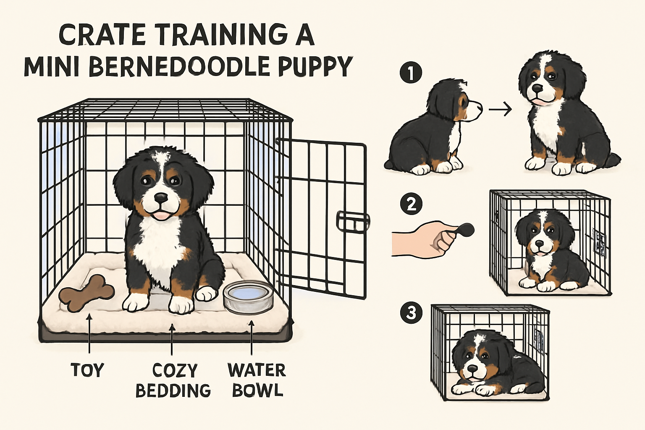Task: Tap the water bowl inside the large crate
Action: (249, 297)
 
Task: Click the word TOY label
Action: (87, 370)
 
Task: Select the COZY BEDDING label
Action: (173, 380)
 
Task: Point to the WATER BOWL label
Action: (257, 380)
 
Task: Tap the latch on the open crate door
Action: (352, 221)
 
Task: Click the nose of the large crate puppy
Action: (160, 197)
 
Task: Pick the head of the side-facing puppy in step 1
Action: (454, 101)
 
